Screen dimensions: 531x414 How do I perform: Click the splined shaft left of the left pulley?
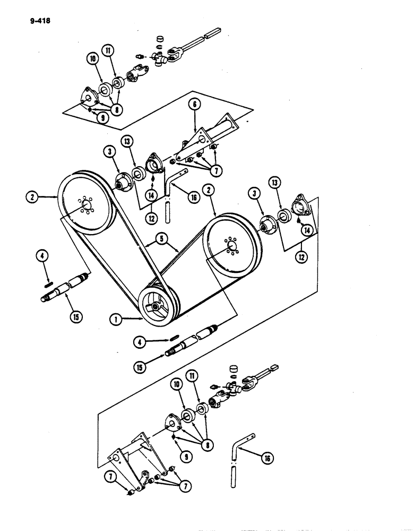(x=67, y=287)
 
